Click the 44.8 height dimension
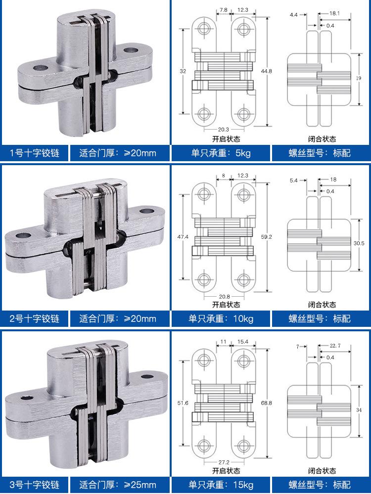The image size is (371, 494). pos(266,71)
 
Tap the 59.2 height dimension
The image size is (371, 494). pos(266,236)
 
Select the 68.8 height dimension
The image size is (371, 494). pos(266,403)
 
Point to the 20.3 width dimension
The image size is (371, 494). pos(224,129)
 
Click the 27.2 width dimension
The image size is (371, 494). pos(224,462)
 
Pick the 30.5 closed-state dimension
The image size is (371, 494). pos(359,243)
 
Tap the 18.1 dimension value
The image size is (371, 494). pos(334,13)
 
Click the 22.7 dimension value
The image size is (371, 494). pos(335,346)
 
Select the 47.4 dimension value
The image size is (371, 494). pos(183,236)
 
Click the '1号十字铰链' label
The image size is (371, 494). pos(34,153)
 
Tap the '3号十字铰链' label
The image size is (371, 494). pos(34,485)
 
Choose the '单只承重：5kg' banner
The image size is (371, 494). pos(221,153)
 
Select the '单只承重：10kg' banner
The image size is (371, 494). pos(221,318)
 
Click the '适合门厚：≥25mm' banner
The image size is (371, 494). pos(118,485)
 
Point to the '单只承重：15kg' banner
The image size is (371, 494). pos(221,485)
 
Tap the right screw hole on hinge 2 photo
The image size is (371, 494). pos(146,211)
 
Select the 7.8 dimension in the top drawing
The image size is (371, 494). pos(224,10)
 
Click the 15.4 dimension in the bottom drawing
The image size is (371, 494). pos(243,342)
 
